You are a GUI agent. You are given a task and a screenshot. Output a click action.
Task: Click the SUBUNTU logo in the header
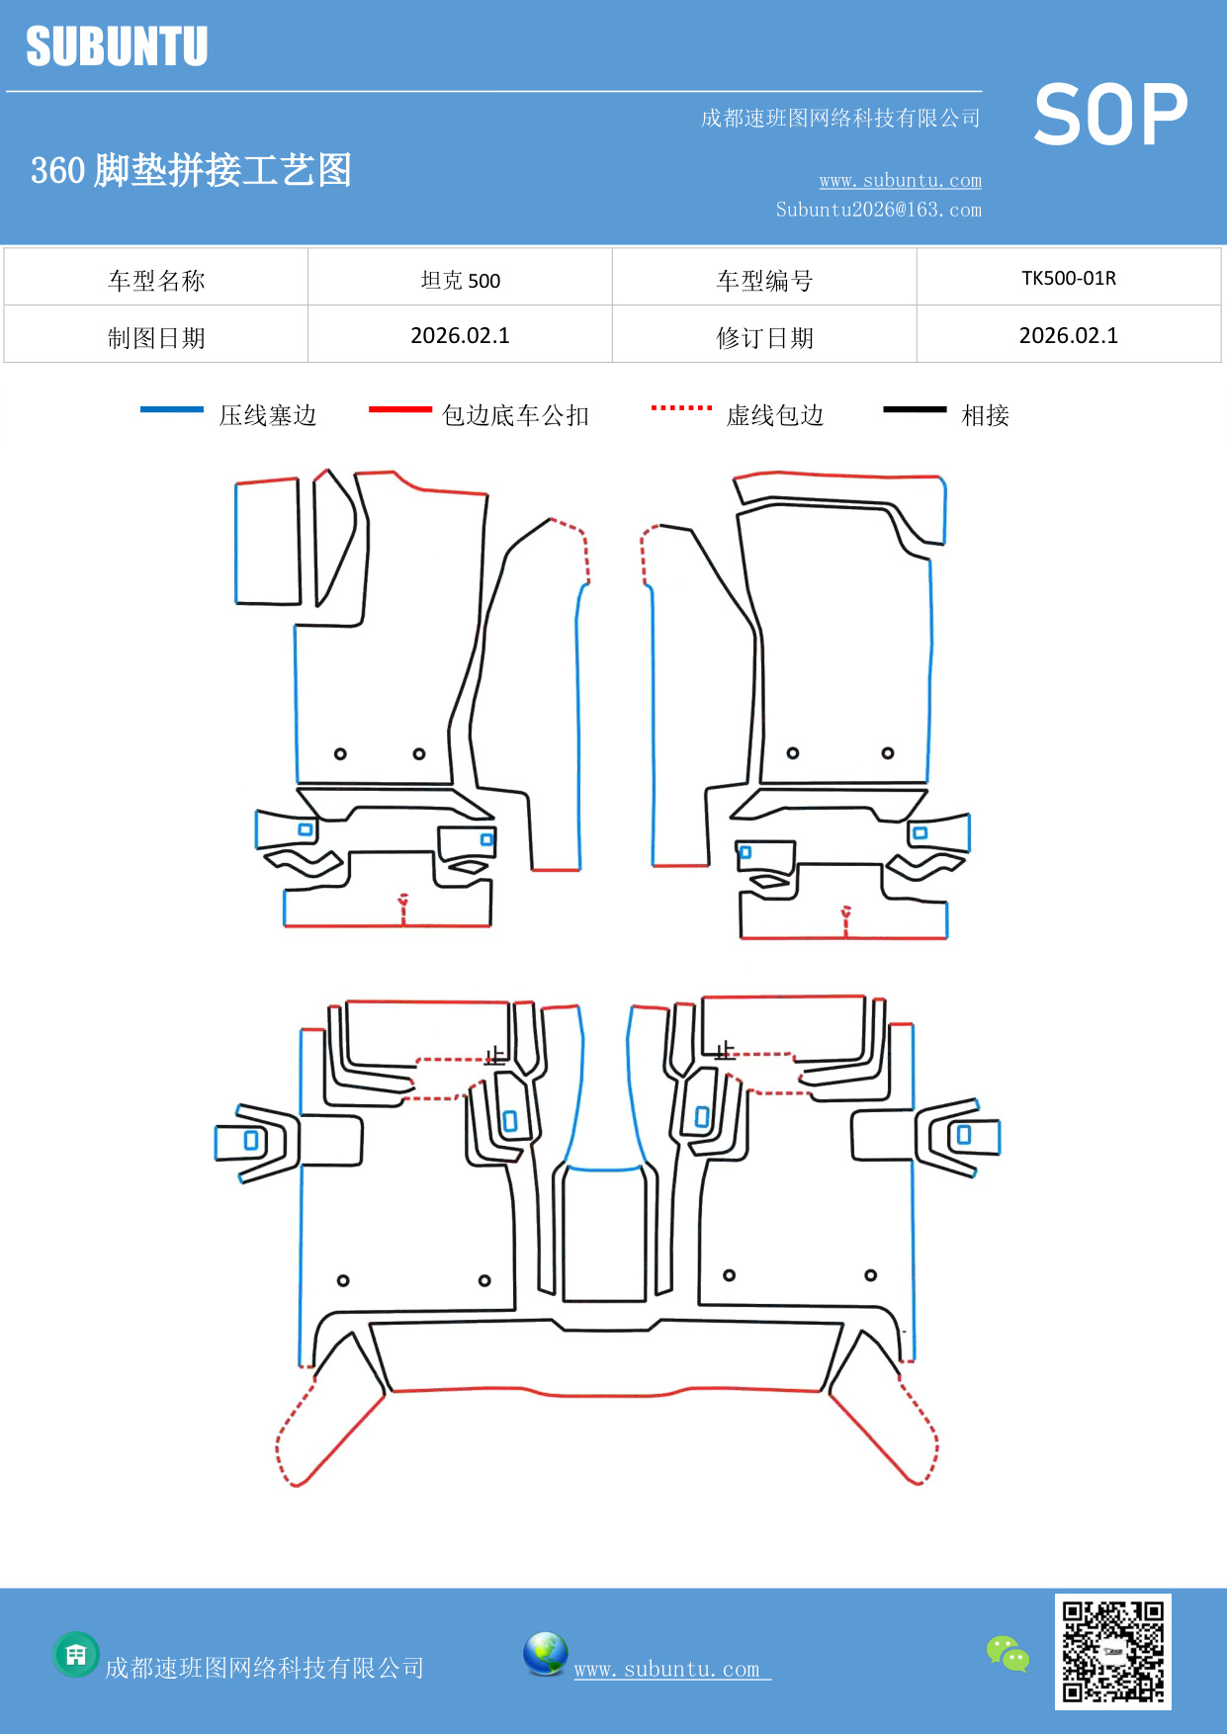coord(117,46)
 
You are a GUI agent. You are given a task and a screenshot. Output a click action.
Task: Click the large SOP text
coord(1109,116)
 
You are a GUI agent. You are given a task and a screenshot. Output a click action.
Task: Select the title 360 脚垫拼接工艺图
coord(191,170)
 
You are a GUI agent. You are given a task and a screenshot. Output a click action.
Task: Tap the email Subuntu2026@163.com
coord(878,210)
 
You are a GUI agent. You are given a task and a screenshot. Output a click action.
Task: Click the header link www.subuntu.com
coord(900,180)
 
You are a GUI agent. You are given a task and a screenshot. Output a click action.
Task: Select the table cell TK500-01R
coord(1068,278)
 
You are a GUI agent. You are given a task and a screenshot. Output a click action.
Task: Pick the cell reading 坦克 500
coord(460,280)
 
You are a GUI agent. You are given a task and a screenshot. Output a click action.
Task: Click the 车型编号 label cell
coord(764,281)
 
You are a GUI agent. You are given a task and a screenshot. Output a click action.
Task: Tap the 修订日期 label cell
coord(764,338)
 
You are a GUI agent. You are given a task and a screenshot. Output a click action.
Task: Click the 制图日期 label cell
coord(156,338)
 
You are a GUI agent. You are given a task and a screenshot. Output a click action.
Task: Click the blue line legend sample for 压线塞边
coord(172,409)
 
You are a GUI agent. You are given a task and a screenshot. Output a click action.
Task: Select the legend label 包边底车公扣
coord(515,415)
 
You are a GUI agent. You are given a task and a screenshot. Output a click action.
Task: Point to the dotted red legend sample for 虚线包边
coord(681,407)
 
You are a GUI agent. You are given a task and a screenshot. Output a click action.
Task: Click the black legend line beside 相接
coord(915,409)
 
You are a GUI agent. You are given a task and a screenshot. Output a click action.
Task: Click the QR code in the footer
coord(1112,1651)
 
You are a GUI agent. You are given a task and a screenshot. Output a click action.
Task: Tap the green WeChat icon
coord(1008,1653)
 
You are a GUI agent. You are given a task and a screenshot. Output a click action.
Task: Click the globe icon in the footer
coord(545,1654)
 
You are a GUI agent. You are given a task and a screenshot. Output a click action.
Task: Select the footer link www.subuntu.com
coord(667,1669)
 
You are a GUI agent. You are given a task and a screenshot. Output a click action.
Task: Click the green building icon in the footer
coord(76,1654)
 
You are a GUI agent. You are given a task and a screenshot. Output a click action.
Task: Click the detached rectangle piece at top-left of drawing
coord(267,542)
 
